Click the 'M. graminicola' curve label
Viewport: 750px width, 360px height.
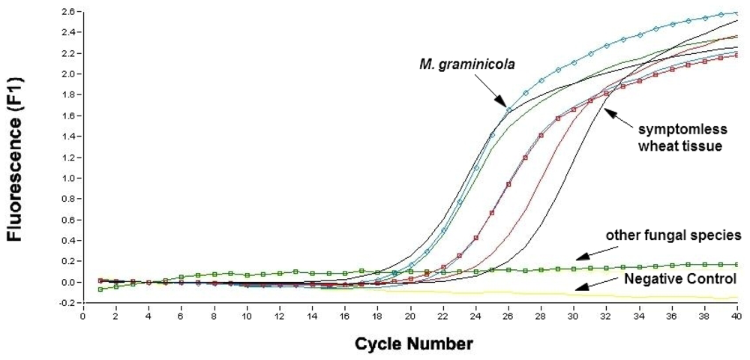466,64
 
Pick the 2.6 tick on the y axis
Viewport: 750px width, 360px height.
68,12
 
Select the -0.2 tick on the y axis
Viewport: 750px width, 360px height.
67,303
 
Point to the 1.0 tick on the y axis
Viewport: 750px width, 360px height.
68,178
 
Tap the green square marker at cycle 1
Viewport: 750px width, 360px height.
100,289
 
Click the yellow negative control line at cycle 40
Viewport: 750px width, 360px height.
736,298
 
